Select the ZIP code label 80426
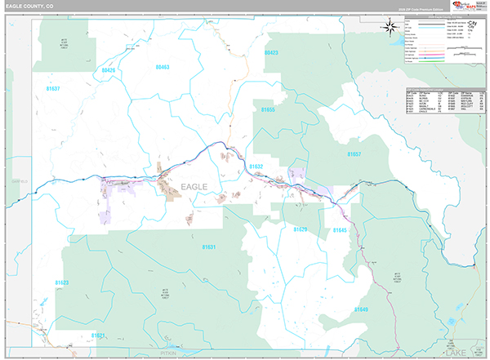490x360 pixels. tap(109, 71)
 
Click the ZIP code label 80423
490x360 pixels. tap(271, 52)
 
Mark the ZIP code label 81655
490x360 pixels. tap(265, 109)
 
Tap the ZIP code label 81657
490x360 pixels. tap(354, 153)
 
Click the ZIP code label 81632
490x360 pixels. tap(256, 166)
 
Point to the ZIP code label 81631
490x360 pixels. tap(208, 246)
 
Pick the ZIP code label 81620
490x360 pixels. tap(301, 230)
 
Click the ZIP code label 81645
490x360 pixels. tap(340, 231)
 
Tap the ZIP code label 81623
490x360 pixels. tap(62, 282)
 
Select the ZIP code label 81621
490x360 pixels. tap(98, 335)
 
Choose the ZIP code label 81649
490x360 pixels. tap(360, 309)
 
